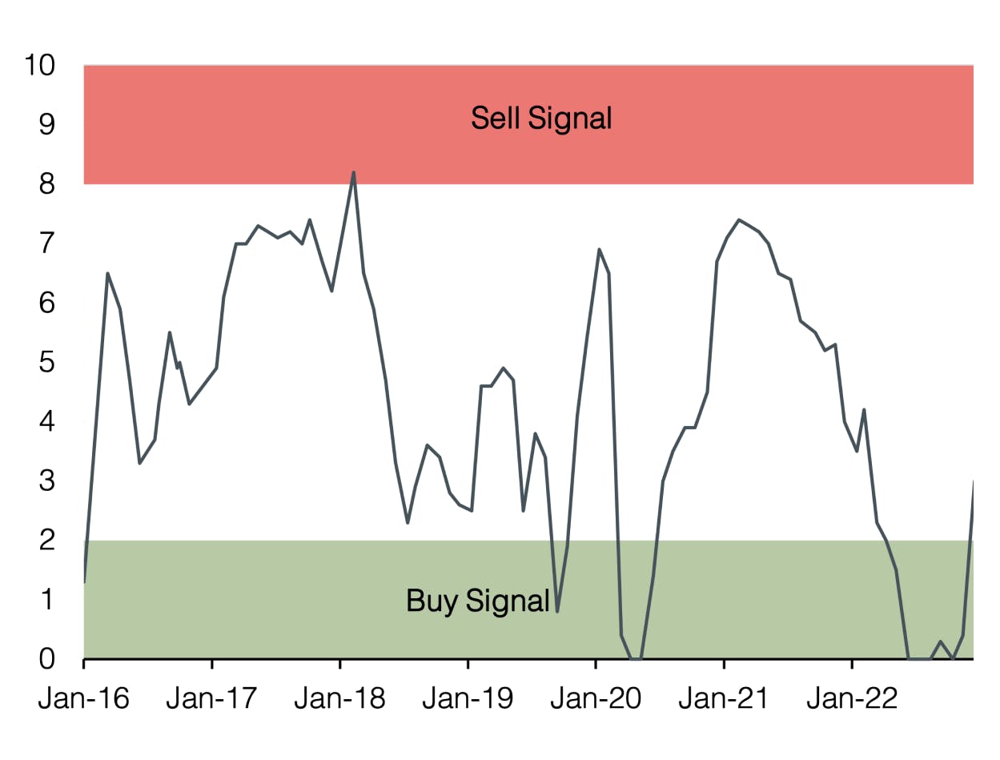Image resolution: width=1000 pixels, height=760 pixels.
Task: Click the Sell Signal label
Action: pyautogui.click(x=541, y=119)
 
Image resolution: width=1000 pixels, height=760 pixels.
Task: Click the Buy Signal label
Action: pyautogui.click(x=477, y=601)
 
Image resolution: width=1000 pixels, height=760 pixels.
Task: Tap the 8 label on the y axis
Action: pyautogui.click(x=47, y=184)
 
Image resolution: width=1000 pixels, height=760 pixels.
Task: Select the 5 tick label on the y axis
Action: pyautogui.click(x=47, y=362)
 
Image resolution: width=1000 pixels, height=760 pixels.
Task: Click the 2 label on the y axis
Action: pyautogui.click(x=47, y=541)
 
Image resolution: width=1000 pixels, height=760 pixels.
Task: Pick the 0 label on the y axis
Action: pyautogui.click(x=47, y=659)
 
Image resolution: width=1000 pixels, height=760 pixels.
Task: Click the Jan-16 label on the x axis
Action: pyautogui.click(x=83, y=698)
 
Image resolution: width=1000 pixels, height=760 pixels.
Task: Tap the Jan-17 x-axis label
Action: pyautogui.click(x=211, y=698)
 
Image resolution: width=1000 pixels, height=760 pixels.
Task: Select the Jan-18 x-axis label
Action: pyautogui.click(x=339, y=698)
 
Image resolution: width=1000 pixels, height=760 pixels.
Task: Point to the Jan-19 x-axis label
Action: pyautogui.click(x=468, y=698)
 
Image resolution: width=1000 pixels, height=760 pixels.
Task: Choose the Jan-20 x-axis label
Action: pyautogui.click(x=596, y=698)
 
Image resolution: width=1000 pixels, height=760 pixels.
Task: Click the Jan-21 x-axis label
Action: pyautogui.click(x=724, y=698)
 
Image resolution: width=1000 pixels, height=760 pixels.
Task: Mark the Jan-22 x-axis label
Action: pyautogui.click(x=851, y=698)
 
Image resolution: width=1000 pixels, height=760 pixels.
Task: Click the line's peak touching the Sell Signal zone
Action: pyautogui.click(x=353, y=172)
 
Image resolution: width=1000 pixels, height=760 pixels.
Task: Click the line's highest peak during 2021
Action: pyautogui.click(x=738, y=219)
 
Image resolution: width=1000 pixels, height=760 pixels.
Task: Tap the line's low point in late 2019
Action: pyautogui.click(x=557, y=611)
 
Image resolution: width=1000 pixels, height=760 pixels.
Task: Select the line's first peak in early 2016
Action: pyautogui.click(x=107, y=274)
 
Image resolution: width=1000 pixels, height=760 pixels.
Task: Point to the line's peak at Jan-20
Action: pyautogui.click(x=600, y=250)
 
